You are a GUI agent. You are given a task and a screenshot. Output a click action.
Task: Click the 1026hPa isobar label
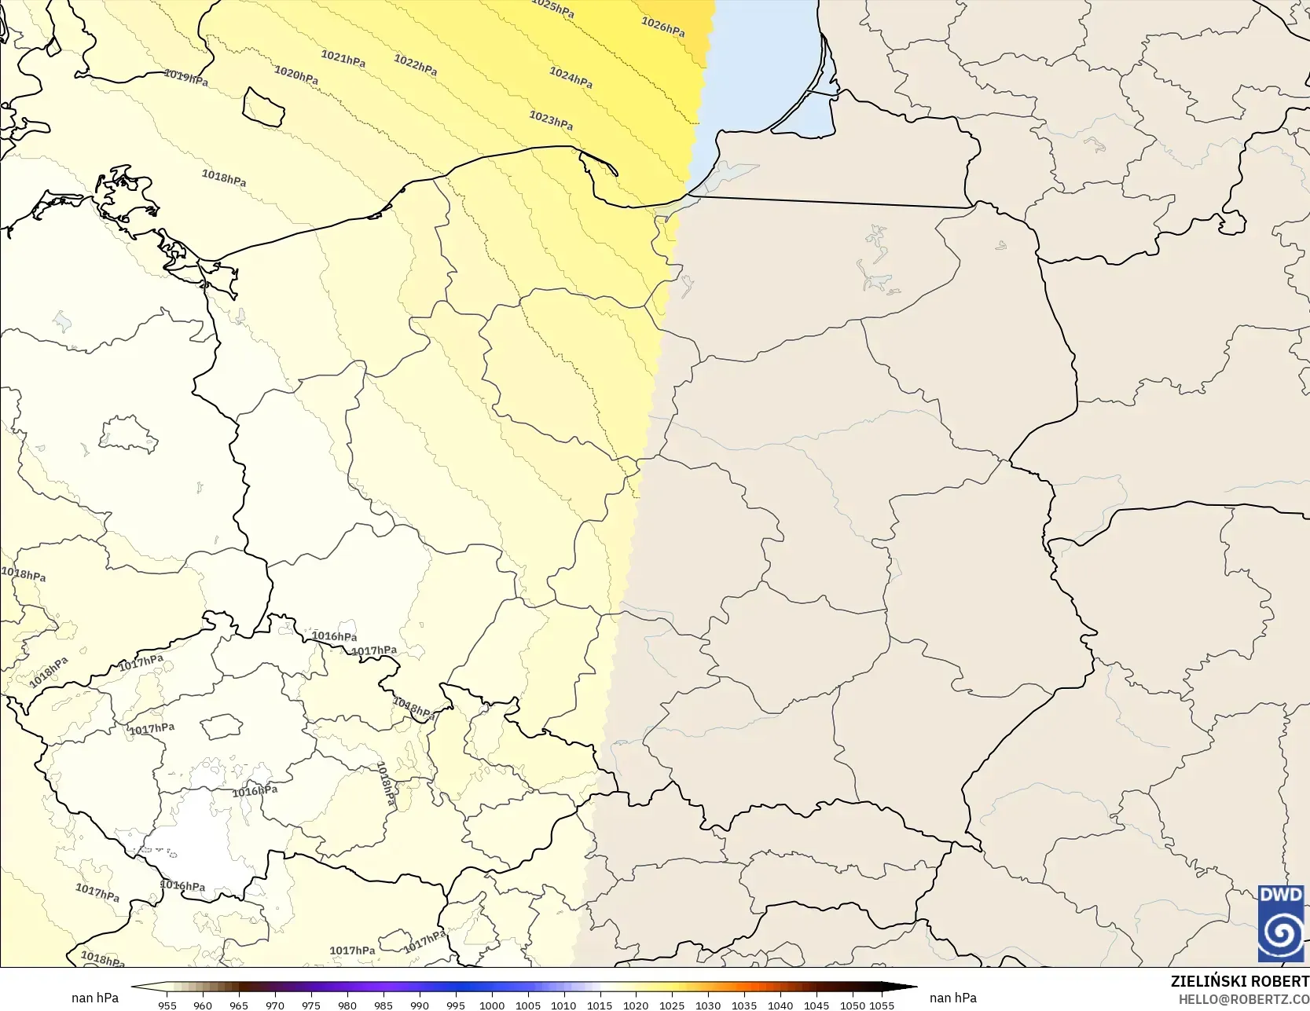point(662,27)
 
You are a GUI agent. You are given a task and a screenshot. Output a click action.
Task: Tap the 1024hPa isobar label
point(571,78)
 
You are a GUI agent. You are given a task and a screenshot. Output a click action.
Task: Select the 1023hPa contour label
point(550,120)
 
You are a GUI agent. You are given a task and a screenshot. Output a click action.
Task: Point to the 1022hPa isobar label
point(415,65)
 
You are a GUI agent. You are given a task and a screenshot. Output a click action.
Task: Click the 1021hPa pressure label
point(343,59)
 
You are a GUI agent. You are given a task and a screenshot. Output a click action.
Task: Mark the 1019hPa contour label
point(185,78)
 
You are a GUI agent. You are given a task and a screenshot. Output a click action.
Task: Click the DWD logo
point(1280,923)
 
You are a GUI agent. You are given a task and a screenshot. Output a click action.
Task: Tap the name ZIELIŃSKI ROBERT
point(1239,981)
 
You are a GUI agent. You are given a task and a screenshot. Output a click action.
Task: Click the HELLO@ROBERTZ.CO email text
point(1243,999)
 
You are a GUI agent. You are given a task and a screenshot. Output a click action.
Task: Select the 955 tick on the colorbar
point(167,1005)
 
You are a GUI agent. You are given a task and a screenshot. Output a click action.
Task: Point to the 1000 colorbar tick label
point(492,1005)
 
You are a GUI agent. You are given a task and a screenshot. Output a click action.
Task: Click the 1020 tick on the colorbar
point(636,1005)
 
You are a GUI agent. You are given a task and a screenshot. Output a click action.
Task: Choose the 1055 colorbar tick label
point(882,1005)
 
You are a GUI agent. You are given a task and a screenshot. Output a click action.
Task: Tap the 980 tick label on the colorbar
point(347,1005)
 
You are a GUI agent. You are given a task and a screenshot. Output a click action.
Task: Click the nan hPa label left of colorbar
point(95,998)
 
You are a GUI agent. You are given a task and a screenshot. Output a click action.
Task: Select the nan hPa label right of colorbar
point(952,998)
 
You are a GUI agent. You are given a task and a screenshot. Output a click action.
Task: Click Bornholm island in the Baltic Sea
point(263,108)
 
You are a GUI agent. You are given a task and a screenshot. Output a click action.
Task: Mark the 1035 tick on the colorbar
point(744,1005)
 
